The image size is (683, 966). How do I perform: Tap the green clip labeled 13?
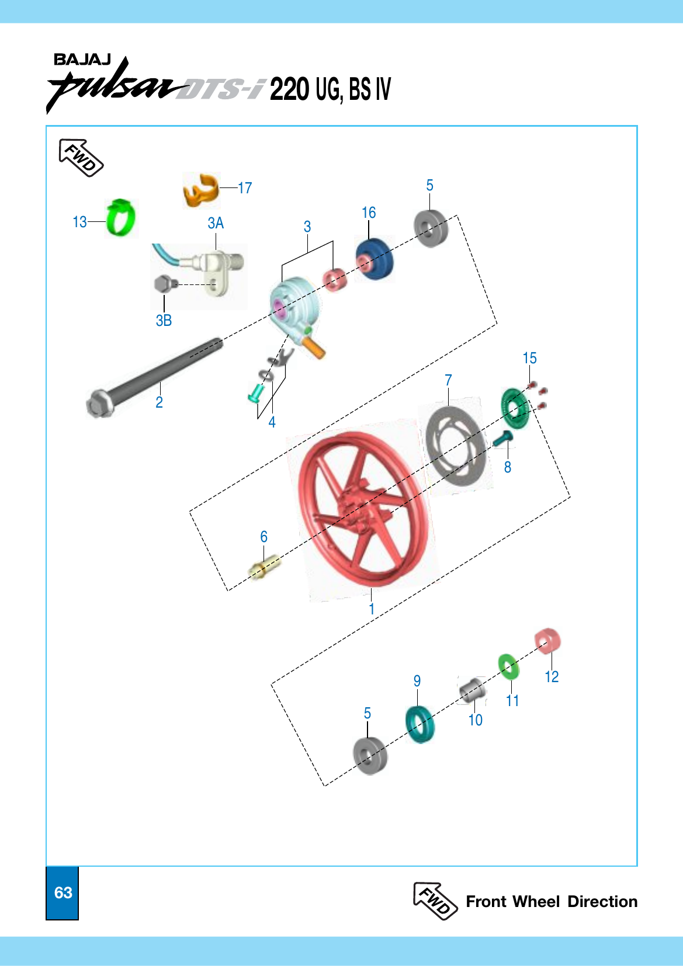tap(120, 219)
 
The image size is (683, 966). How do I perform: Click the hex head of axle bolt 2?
tap(99, 403)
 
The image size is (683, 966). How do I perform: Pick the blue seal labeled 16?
tap(374, 260)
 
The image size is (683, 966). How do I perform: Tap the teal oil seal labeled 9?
tap(419, 724)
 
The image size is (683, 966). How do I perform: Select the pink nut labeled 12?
tap(547, 640)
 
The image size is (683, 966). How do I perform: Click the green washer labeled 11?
tap(509, 666)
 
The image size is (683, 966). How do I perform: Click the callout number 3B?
tap(164, 321)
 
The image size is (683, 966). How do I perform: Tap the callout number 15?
tap(529, 358)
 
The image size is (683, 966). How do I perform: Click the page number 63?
tap(63, 893)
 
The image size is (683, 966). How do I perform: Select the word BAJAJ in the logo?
tap(82, 60)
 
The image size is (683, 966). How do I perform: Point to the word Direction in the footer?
tap(602, 902)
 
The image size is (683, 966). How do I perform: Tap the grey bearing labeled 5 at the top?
tap(431, 229)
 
